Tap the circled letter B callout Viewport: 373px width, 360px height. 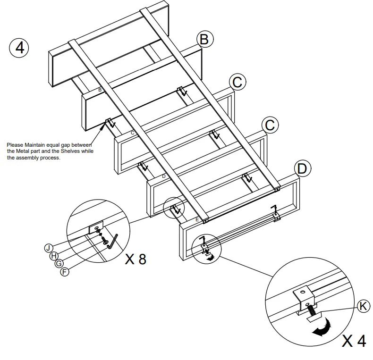click(203, 39)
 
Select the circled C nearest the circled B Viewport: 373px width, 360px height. click(237, 82)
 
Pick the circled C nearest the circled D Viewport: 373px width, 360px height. click(269, 125)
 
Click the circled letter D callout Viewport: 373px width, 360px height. click(302, 168)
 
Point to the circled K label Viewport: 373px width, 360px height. click(363, 306)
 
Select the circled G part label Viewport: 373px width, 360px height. click(59, 264)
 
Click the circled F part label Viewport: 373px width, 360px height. click(65, 272)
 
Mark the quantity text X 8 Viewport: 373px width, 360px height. click(135, 259)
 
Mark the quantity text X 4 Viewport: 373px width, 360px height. click(354, 341)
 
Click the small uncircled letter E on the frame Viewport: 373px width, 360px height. click(197, 220)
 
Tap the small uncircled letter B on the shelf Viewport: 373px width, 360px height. click(100, 89)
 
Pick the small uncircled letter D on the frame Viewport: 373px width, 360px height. click(163, 176)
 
